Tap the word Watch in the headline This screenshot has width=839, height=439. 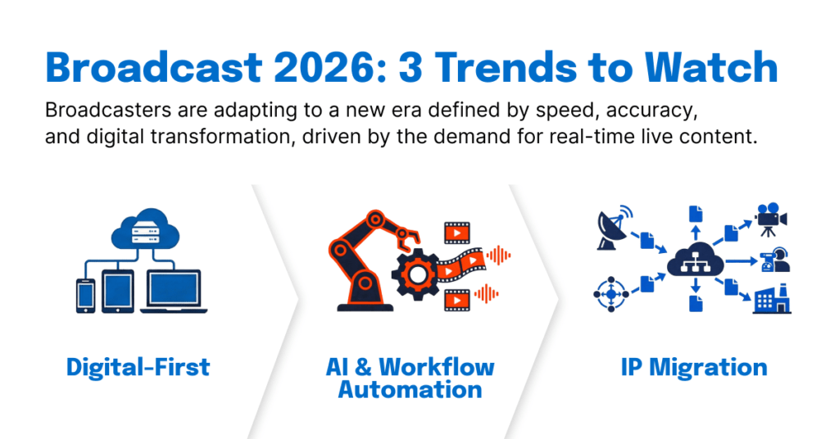tap(711, 67)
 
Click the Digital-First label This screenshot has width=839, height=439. tap(138, 368)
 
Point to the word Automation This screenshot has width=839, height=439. tap(410, 390)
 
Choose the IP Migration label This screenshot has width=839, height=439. tap(694, 368)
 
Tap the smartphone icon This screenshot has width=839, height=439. tap(85, 296)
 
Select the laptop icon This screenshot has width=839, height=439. tap(174, 292)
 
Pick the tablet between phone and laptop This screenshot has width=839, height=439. tap(118, 292)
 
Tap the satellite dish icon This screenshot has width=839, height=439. tap(614, 227)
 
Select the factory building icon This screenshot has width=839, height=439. tap(772, 300)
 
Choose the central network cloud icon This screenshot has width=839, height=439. tap(695, 260)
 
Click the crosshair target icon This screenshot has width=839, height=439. tap(611, 294)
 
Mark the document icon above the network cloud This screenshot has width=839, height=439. tap(696, 214)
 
